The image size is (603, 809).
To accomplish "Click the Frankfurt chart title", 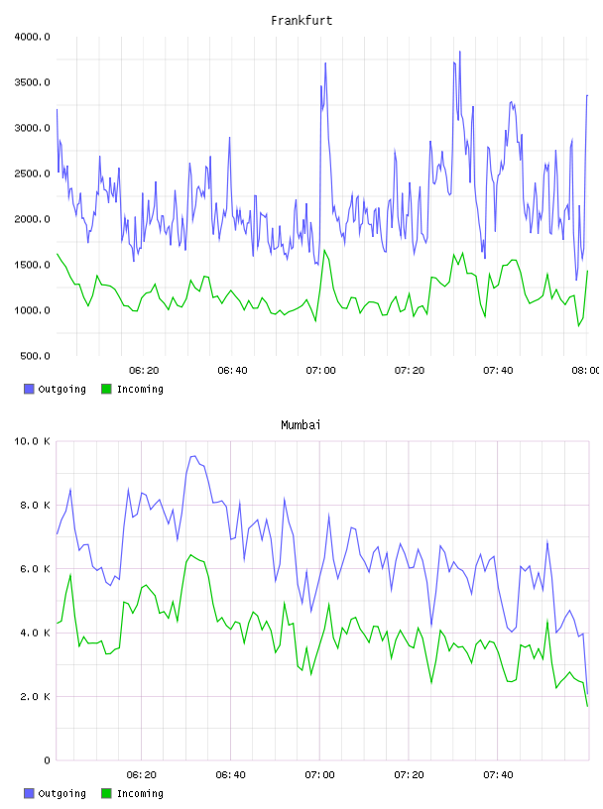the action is click(x=301, y=21).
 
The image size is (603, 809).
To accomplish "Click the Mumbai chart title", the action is click(x=301, y=425).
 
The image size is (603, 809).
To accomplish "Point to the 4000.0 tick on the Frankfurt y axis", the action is click(x=32, y=37).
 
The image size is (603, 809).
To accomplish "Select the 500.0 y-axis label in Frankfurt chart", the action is click(x=35, y=356).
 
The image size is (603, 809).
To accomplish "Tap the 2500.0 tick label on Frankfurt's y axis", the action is click(x=32, y=173).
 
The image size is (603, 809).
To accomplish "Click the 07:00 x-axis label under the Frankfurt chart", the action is click(x=320, y=371).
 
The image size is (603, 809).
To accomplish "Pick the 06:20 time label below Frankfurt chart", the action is click(x=144, y=371).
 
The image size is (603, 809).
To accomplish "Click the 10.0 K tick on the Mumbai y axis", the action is click(x=32, y=441).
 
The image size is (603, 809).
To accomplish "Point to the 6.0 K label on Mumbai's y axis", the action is click(x=35, y=568).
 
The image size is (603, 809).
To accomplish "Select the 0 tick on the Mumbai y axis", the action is click(x=47, y=760).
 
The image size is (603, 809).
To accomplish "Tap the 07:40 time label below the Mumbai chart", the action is click(x=498, y=775).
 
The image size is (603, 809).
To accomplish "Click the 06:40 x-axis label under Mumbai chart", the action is click(x=231, y=775).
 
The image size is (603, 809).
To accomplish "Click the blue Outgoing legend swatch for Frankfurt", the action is click(x=29, y=389).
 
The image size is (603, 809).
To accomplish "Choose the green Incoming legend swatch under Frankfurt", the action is click(x=106, y=389).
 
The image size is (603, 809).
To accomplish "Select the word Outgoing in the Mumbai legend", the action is click(x=61, y=793).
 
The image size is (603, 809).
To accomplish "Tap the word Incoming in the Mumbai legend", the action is click(x=140, y=793).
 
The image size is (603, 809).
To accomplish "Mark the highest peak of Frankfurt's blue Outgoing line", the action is click(x=459, y=52).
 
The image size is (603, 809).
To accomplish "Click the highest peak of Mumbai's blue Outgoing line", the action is click(x=193, y=456).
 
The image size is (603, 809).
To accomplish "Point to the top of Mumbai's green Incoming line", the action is click(x=191, y=555).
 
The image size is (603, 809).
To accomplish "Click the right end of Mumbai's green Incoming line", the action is click(x=587, y=706).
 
